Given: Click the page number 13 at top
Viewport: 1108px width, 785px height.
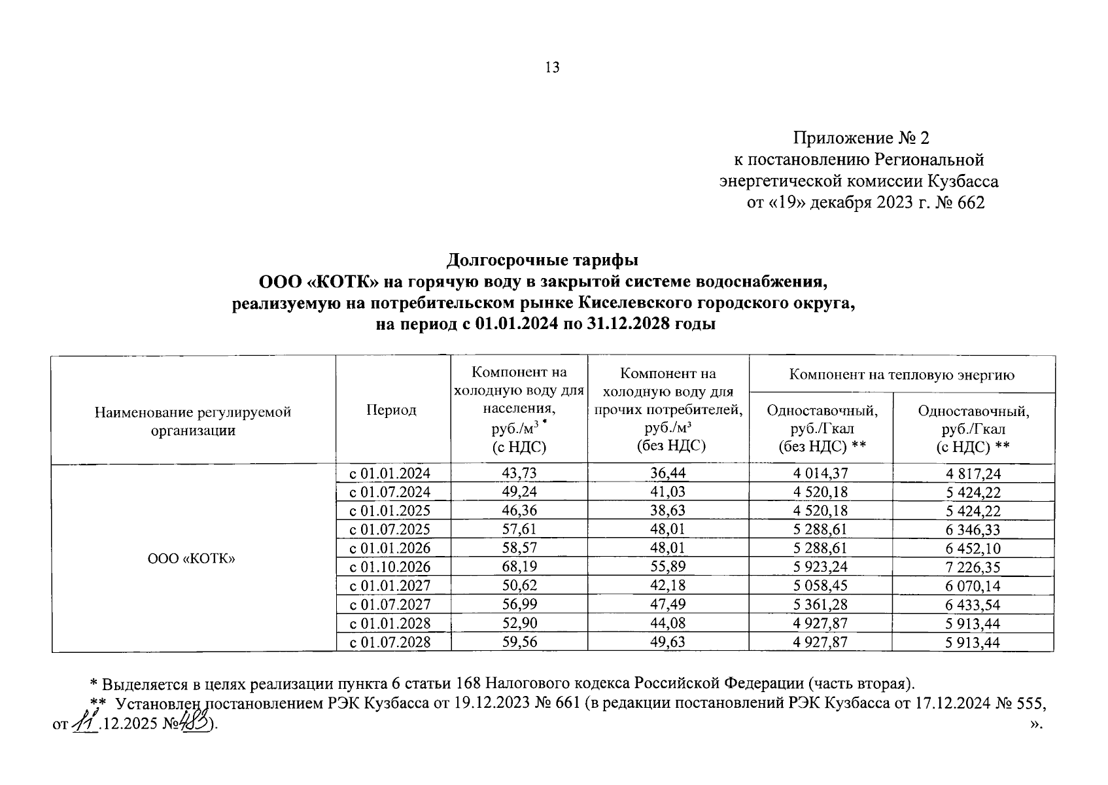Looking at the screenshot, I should pyautogui.click(x=553, y=67).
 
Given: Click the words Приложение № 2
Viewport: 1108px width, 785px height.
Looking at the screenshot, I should pyautogui.click(x=861, y=138).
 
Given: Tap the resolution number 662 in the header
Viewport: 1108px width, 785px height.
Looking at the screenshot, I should pyautogui.click(x=971, y=203).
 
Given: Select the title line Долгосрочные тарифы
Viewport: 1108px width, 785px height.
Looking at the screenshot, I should pyautogui.click(x=542, y=260).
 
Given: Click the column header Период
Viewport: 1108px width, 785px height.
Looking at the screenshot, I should pyautogui.click(x=391, y=410).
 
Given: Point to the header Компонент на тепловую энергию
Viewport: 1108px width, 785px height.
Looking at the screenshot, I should pyautogui.click(x=901, y=375).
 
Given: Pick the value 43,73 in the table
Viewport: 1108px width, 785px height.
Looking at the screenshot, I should pyautogui.click(x=519, y=474).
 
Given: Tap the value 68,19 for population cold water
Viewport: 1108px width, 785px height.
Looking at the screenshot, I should pyautogui.click(x=519, y=567).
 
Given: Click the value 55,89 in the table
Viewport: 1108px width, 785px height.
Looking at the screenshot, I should pyautogui.click(x=668, y=567).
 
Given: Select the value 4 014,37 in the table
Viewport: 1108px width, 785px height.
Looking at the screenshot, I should pyautogui.click(x=820, y=474).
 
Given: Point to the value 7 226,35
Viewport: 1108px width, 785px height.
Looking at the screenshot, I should pyautogui.click(x=973, y=567).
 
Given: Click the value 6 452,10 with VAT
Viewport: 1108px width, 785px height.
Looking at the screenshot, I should pyautogui.click(x=973, y=548).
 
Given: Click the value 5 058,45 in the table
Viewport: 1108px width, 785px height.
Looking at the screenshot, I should pyautogui.click(x=820, y=585).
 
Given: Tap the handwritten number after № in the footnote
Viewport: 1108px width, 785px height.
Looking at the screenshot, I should pyautogui.click(x=196, y=724).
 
